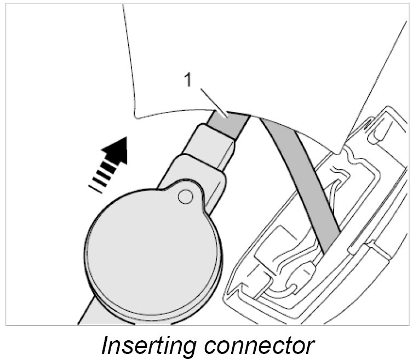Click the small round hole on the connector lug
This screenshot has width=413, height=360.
(x=186, y=195)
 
